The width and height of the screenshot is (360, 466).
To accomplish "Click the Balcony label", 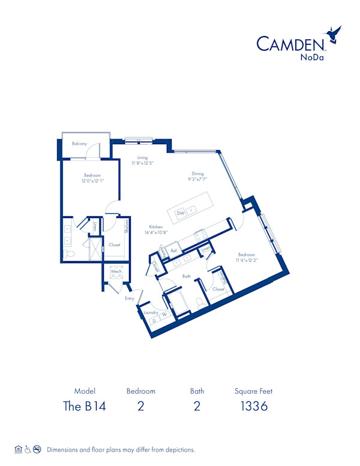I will click(80, 144).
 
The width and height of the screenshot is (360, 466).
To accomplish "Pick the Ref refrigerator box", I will click(173, 250).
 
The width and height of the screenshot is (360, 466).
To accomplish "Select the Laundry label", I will click(151, 312).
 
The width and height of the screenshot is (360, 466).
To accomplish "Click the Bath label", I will click(187, 276).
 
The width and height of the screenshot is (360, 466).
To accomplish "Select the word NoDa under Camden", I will click(310, 58).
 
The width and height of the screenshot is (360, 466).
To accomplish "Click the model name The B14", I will click(85, 406).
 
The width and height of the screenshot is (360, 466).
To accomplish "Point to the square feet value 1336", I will click(253, 406).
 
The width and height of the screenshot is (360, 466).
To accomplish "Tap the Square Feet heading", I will click(253, 391).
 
